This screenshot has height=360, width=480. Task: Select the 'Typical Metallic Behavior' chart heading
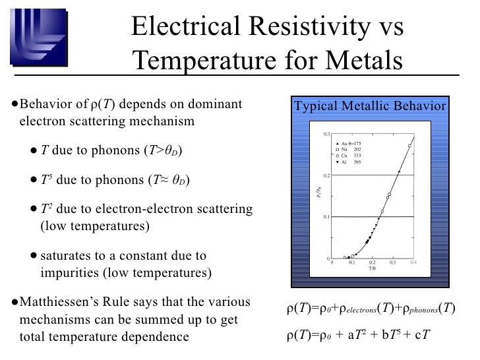pyautogui.click(x=369, y=107)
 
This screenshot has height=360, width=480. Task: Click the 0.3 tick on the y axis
pyautogui.click(x=326, y=134)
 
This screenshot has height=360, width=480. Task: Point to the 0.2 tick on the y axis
pyautogui.click(x=326, y=175)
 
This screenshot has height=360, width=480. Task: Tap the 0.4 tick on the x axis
pyautogui.click(x=413, y=262)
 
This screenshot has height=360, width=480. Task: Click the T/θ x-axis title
pyautogui.click(x=373, y=268)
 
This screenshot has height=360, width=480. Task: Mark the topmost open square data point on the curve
pyautogui.click(x=410, y=146)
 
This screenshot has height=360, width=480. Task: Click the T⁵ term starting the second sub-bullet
pyautogui.click(x=45, y=180)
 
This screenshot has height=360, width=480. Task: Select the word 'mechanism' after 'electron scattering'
pyautogui.click(x=162, y=121)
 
